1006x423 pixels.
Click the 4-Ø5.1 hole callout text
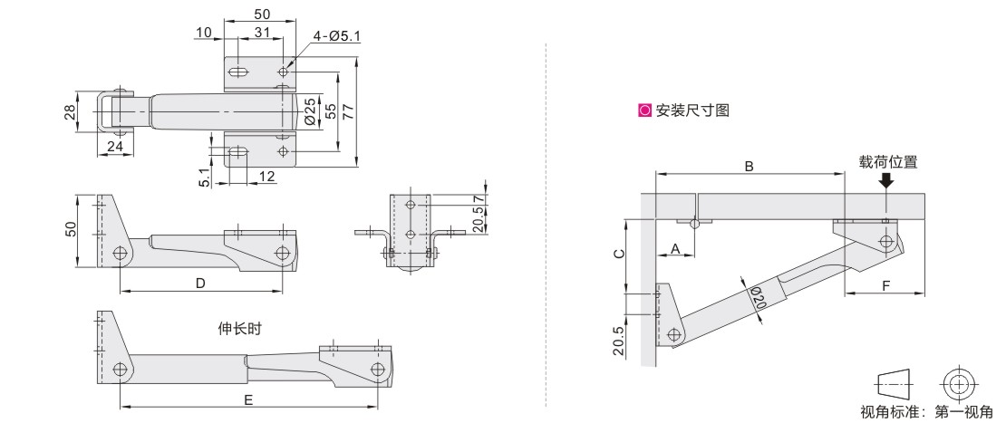click(337, 36)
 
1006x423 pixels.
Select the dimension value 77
click(348, 112)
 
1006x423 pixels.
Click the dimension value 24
click(115, 146)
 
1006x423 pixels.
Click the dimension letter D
click(200, 283)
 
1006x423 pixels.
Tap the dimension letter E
click(249, 400)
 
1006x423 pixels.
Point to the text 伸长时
click(240, 329)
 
